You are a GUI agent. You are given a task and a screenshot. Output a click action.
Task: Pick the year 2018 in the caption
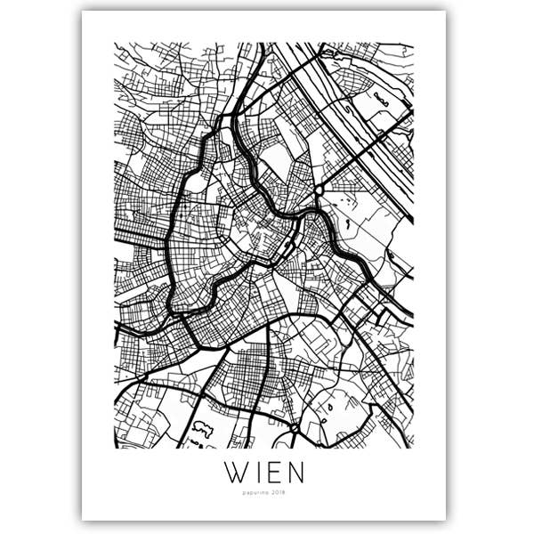[282, 491]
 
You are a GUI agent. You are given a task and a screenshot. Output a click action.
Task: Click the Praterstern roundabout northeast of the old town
[319, 190]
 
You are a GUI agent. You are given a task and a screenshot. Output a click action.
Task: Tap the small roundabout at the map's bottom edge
[293, 430]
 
